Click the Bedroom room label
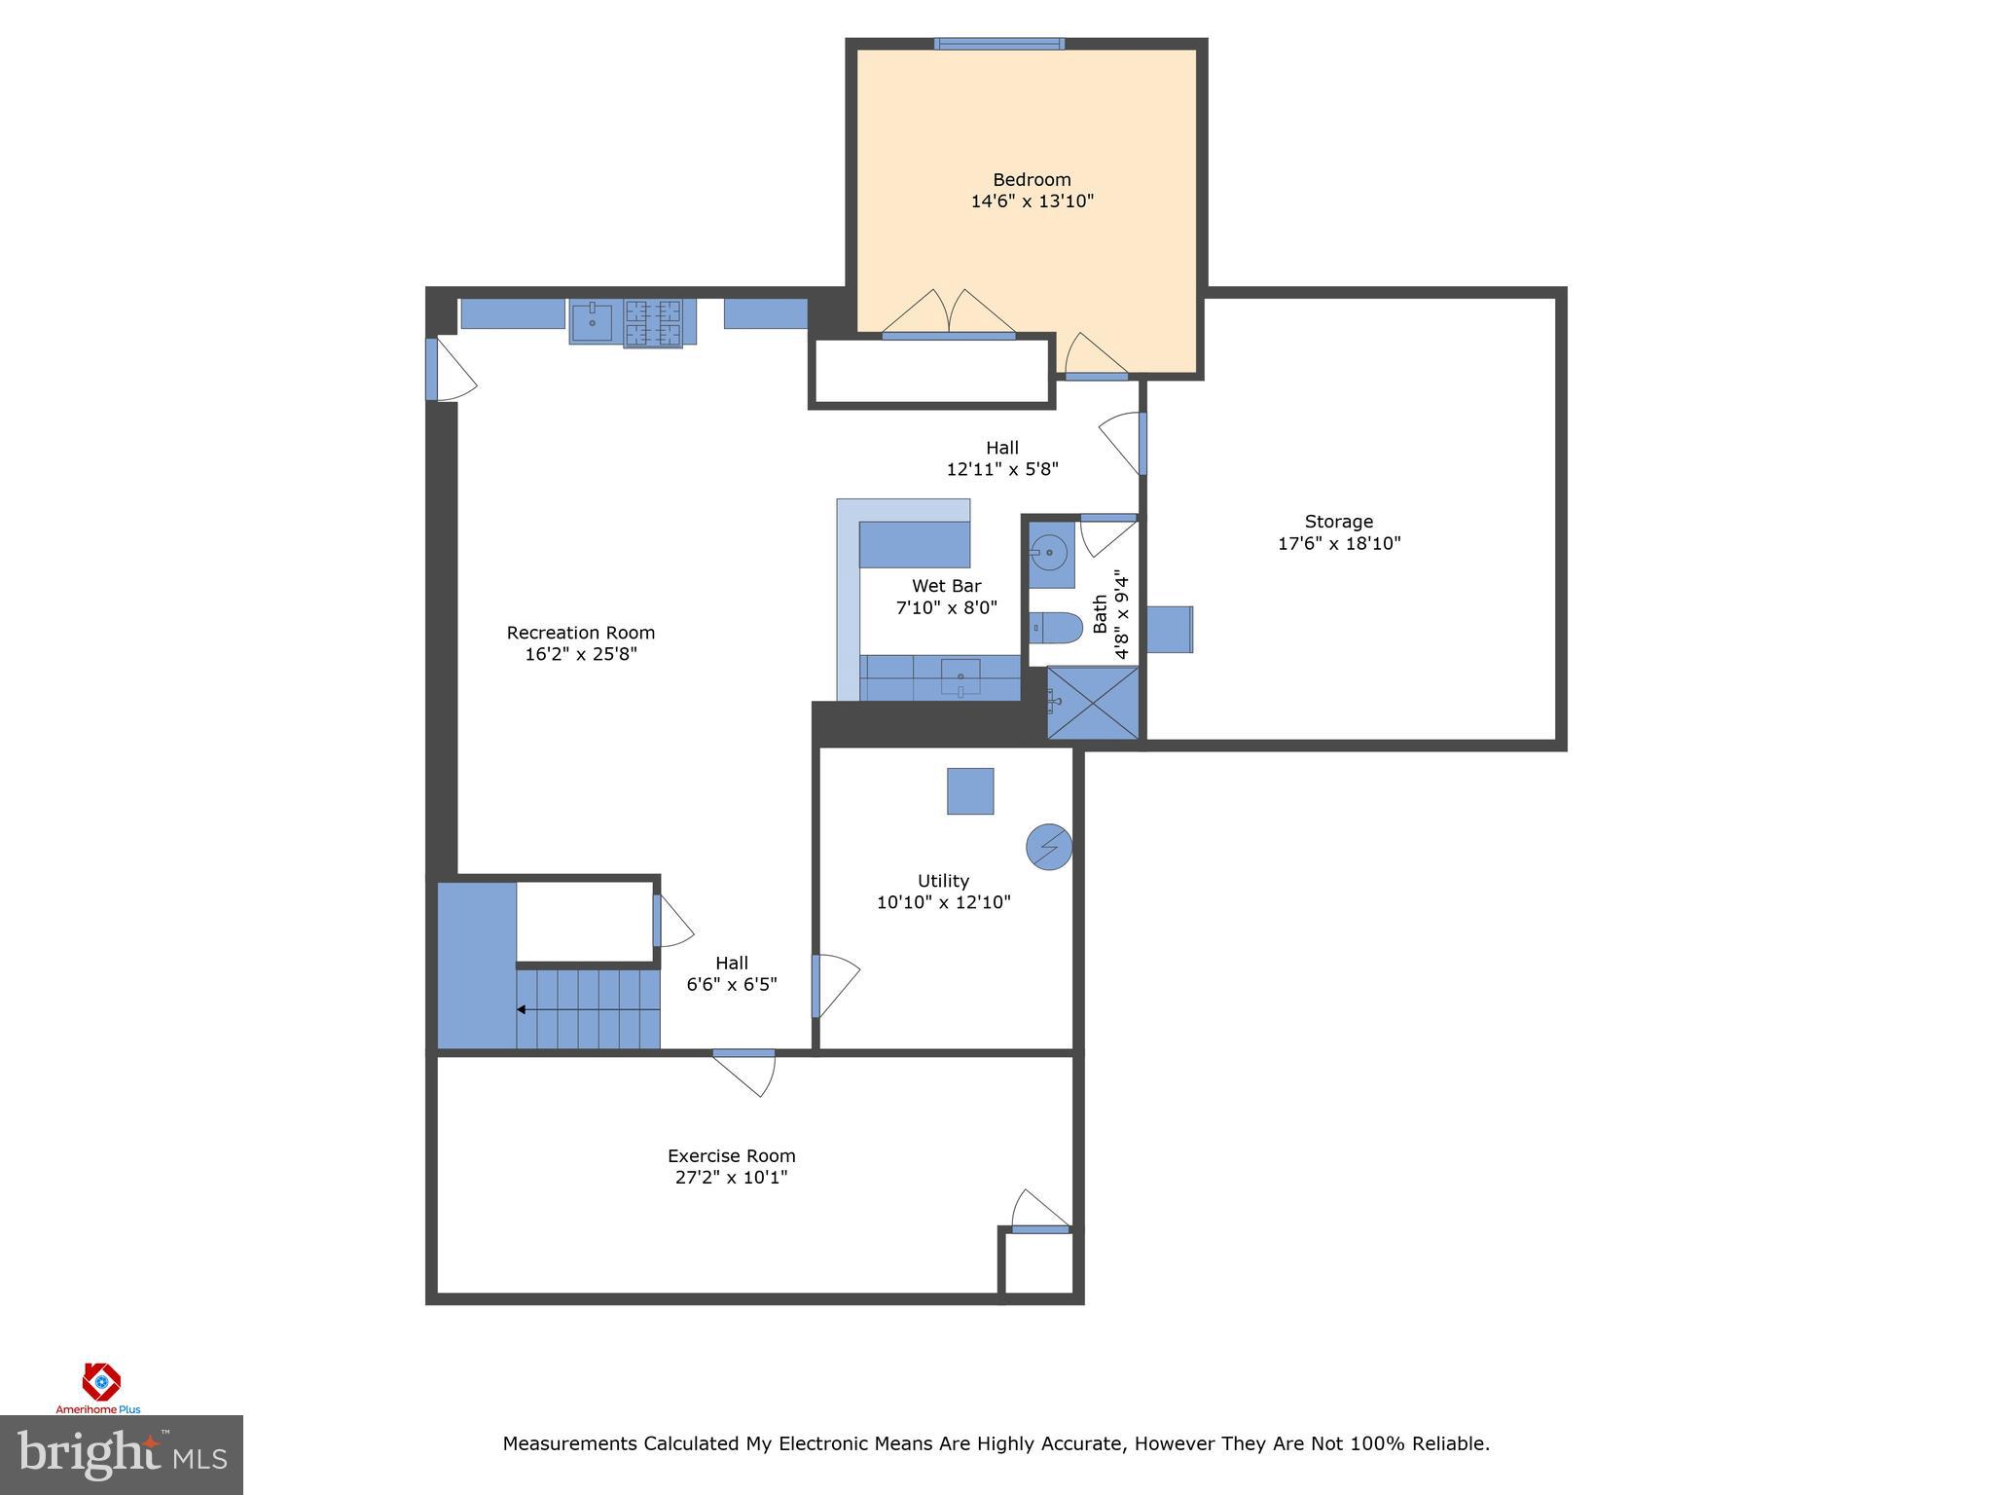[x=1032, y=180]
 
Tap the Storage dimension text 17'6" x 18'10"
[x=1339, y=543]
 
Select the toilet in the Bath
[x=1056, y=628]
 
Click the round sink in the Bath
[x=1049, y=553]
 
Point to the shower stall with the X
[x=1092, y=702]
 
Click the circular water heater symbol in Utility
[x=1049, y=848]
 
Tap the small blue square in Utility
[x=970, y=791]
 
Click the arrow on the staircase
[x=523, y=1010]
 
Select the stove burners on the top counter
[x=653, y=323]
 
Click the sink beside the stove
[x=592, y=321]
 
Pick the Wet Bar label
[x=946, y=586]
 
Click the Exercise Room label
[x=731, y=1156]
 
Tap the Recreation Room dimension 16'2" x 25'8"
[x=581, y=654]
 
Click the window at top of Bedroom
[x=999, y=44]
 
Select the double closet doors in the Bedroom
[x=949, y=313]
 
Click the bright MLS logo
[x=122, y=1455]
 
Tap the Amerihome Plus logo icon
[x=100, y=1382]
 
